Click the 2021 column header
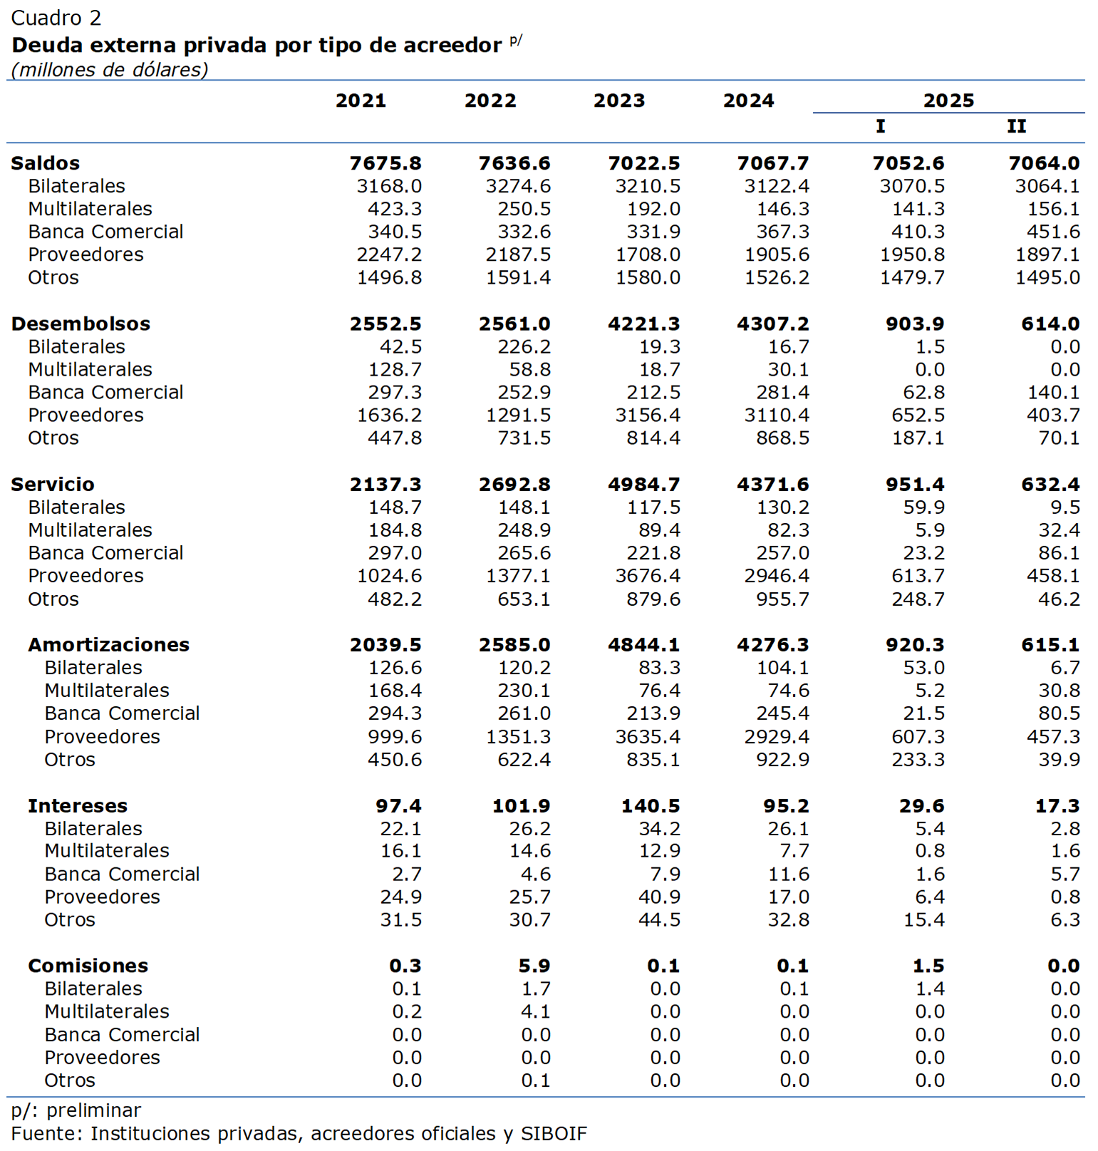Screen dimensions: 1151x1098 click(x=361, y=100)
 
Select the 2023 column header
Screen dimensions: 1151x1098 click(x=618, y=100)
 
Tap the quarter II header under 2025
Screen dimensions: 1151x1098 click(x=1016, y=126)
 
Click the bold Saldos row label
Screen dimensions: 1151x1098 click(x=46, y=163)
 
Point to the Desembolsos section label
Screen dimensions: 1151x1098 click(x=81, y=324)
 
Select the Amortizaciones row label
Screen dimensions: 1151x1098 click(x=108, y=644)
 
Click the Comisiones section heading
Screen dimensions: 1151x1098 click(x=88, y=966)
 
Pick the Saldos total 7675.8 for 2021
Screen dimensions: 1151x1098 click(x=385, y=163)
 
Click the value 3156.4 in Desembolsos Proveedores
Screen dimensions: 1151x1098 click(x=647, y=415)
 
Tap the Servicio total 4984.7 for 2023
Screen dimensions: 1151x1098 click(x=643, y=485)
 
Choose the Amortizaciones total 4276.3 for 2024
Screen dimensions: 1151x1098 click(x=772, y=644)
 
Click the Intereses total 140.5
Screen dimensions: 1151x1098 click(x=650, y=806)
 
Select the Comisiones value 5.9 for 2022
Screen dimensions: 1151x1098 click(x=534, y=966)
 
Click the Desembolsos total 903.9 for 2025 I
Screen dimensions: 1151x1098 click(x=914, y=324)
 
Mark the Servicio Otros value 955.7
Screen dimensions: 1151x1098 click(x=782, y=599)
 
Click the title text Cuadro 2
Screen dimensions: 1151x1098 click(x=56, y=18)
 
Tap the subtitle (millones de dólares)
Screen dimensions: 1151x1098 click(x=110, y=70)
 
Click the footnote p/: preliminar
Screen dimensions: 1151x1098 click(x=76, y=1110)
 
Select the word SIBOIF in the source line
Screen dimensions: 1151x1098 click(x=554, y=1133)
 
